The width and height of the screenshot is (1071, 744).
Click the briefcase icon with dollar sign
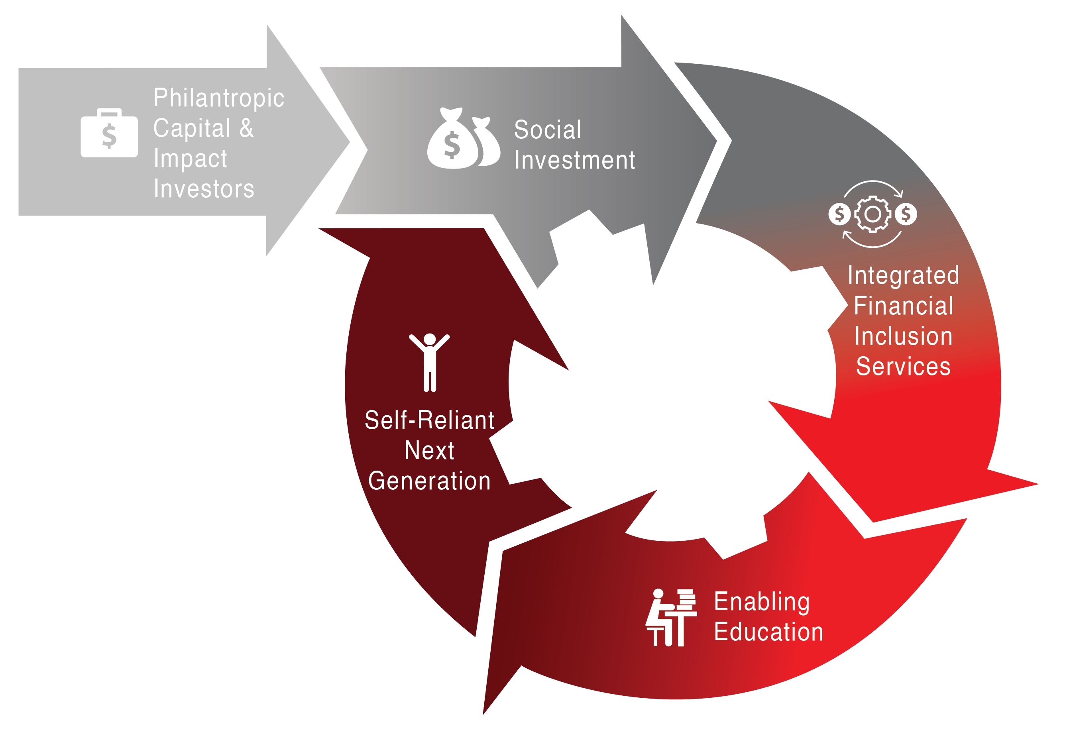[x=109, y=133]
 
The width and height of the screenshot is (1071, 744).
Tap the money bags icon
[x=464, y=139]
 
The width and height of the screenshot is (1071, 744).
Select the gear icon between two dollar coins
[x=873, y=214]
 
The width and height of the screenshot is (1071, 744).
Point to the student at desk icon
[x=671, y=617]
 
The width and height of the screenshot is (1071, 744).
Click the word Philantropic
[x=219, y=98]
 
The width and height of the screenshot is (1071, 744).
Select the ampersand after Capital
[x=247, y=128]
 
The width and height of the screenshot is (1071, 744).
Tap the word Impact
[x=190, y=159]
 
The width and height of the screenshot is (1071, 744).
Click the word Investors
[x=204, y=189]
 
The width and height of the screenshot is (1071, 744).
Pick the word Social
[x=548, y=130]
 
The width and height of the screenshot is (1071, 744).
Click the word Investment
[x=574, y=160]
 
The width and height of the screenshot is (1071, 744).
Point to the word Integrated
[x=903, y=275]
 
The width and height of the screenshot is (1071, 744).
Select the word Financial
[x=903, y=306]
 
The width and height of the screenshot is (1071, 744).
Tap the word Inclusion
[x=903, y=336]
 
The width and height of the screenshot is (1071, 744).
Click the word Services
[x=903, y=366]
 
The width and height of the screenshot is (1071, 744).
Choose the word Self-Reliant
[x=429, y=420]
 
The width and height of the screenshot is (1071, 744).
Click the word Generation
[x=429, y=481]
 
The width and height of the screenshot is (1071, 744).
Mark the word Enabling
[x=762, y=601]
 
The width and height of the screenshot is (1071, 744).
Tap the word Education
[x=768, y=632]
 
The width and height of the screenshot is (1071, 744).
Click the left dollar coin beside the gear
[x=839, y=214]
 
